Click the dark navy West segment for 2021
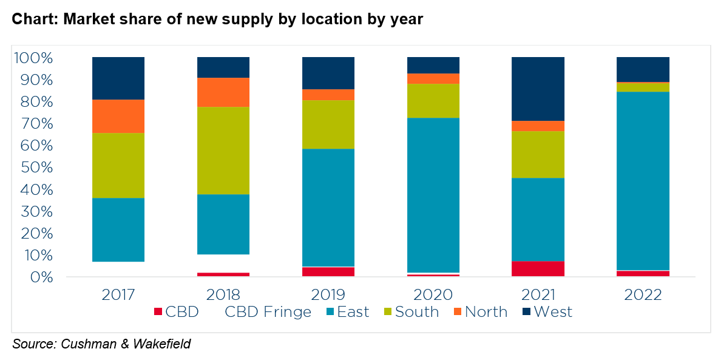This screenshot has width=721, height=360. pos(538,89)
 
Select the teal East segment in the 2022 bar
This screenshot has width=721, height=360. pos(643,181)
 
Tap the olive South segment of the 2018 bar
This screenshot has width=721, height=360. pos(223,150)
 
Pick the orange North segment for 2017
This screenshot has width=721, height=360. pos(118,116)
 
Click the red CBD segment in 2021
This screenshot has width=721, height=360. pos(538,268)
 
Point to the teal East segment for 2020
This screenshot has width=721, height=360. pos(433,195)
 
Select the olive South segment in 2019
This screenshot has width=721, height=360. pos(328,124)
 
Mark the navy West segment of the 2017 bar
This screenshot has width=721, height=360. pos(118,78)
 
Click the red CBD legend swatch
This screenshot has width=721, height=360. pos(158,313)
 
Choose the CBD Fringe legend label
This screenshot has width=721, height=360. pos(268,312)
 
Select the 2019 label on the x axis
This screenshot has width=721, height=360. pos(328,295)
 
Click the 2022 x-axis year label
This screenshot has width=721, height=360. pos(643,295)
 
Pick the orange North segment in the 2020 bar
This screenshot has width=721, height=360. pos(433,78)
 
